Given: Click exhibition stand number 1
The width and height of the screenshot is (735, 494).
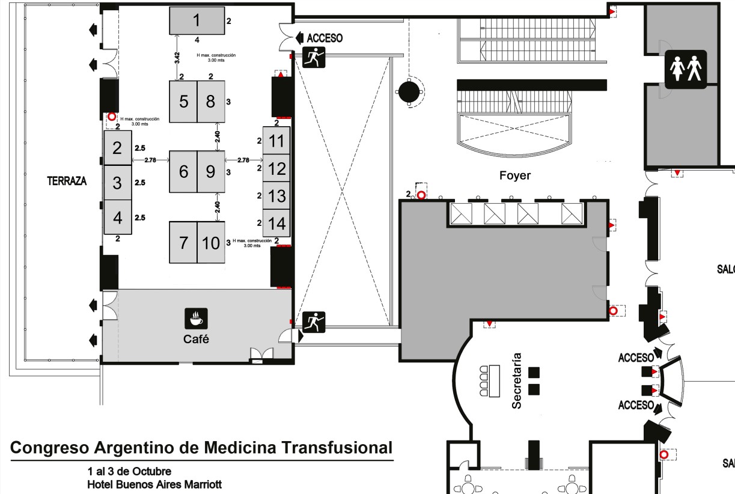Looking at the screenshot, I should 196,21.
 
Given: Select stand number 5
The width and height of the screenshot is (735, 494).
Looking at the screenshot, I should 183,102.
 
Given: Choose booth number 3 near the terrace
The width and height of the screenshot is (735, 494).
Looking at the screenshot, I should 118,182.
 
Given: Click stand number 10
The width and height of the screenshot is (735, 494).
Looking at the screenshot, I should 210,243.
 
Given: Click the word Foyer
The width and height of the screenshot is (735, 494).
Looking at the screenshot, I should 514,176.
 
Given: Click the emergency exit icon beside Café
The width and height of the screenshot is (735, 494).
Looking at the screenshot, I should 313,322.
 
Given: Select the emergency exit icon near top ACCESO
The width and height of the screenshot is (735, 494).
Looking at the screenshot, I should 313,58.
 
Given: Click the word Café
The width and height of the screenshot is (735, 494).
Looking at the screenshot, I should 196,340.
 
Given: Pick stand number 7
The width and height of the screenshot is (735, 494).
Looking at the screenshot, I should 183,243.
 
